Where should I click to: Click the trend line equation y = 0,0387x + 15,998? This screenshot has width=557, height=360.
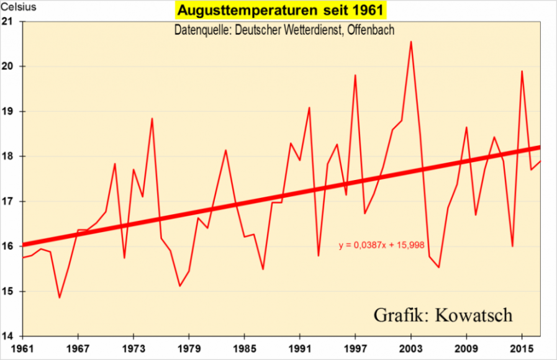click(x=381, y=246)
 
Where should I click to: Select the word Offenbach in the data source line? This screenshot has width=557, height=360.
click(x=370, y=29)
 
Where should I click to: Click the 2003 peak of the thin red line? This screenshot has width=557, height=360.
click(x=411, y=42)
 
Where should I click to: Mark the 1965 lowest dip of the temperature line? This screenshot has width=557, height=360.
click(x=60, y=297)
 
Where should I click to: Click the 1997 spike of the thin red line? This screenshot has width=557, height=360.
click(x=355, y=75)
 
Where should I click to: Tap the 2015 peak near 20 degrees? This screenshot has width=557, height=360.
click(x=522, y=71)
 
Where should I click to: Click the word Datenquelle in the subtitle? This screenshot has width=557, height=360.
click(x=200, y=29)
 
